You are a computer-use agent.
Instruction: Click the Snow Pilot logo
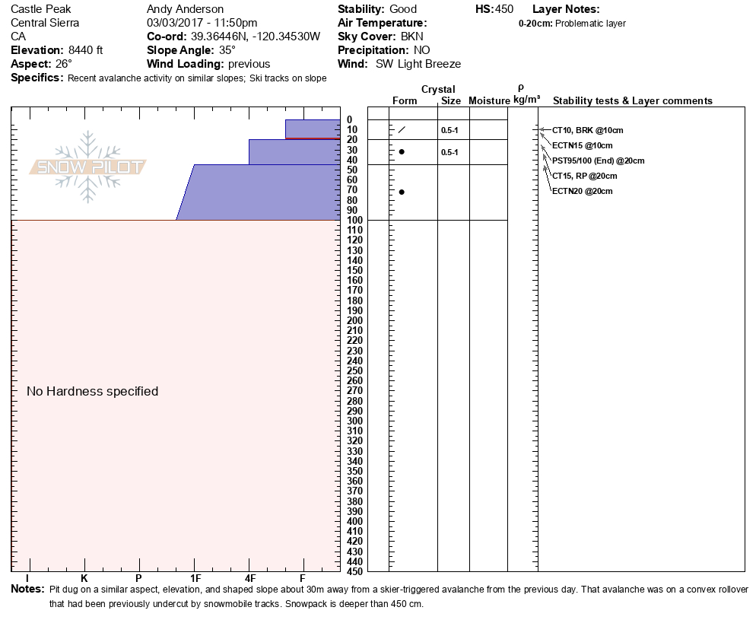point(88,167)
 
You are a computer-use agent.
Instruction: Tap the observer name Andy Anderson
point(185,9)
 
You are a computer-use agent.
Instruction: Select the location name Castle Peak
point(42,9)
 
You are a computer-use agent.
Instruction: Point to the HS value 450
point(503,9)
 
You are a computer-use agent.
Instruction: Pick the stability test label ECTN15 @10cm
point(582,145)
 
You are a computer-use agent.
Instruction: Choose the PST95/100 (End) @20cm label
point(598,161)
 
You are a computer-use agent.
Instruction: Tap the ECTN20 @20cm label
point(582,191)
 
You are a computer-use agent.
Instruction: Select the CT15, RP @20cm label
point(584,176)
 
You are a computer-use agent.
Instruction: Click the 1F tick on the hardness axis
point(195,578)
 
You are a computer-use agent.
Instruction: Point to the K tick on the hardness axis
point(84,578)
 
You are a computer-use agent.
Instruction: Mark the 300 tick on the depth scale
point(354,421)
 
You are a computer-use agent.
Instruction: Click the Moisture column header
point(489,100)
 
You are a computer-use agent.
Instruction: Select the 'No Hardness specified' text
point(92,391)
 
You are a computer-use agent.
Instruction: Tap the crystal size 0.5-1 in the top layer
point(449,130)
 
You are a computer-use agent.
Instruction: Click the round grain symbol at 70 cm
point(402,192)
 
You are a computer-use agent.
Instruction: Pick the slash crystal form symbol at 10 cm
point(402,129)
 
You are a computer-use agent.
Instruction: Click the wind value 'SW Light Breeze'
point(418,64)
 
